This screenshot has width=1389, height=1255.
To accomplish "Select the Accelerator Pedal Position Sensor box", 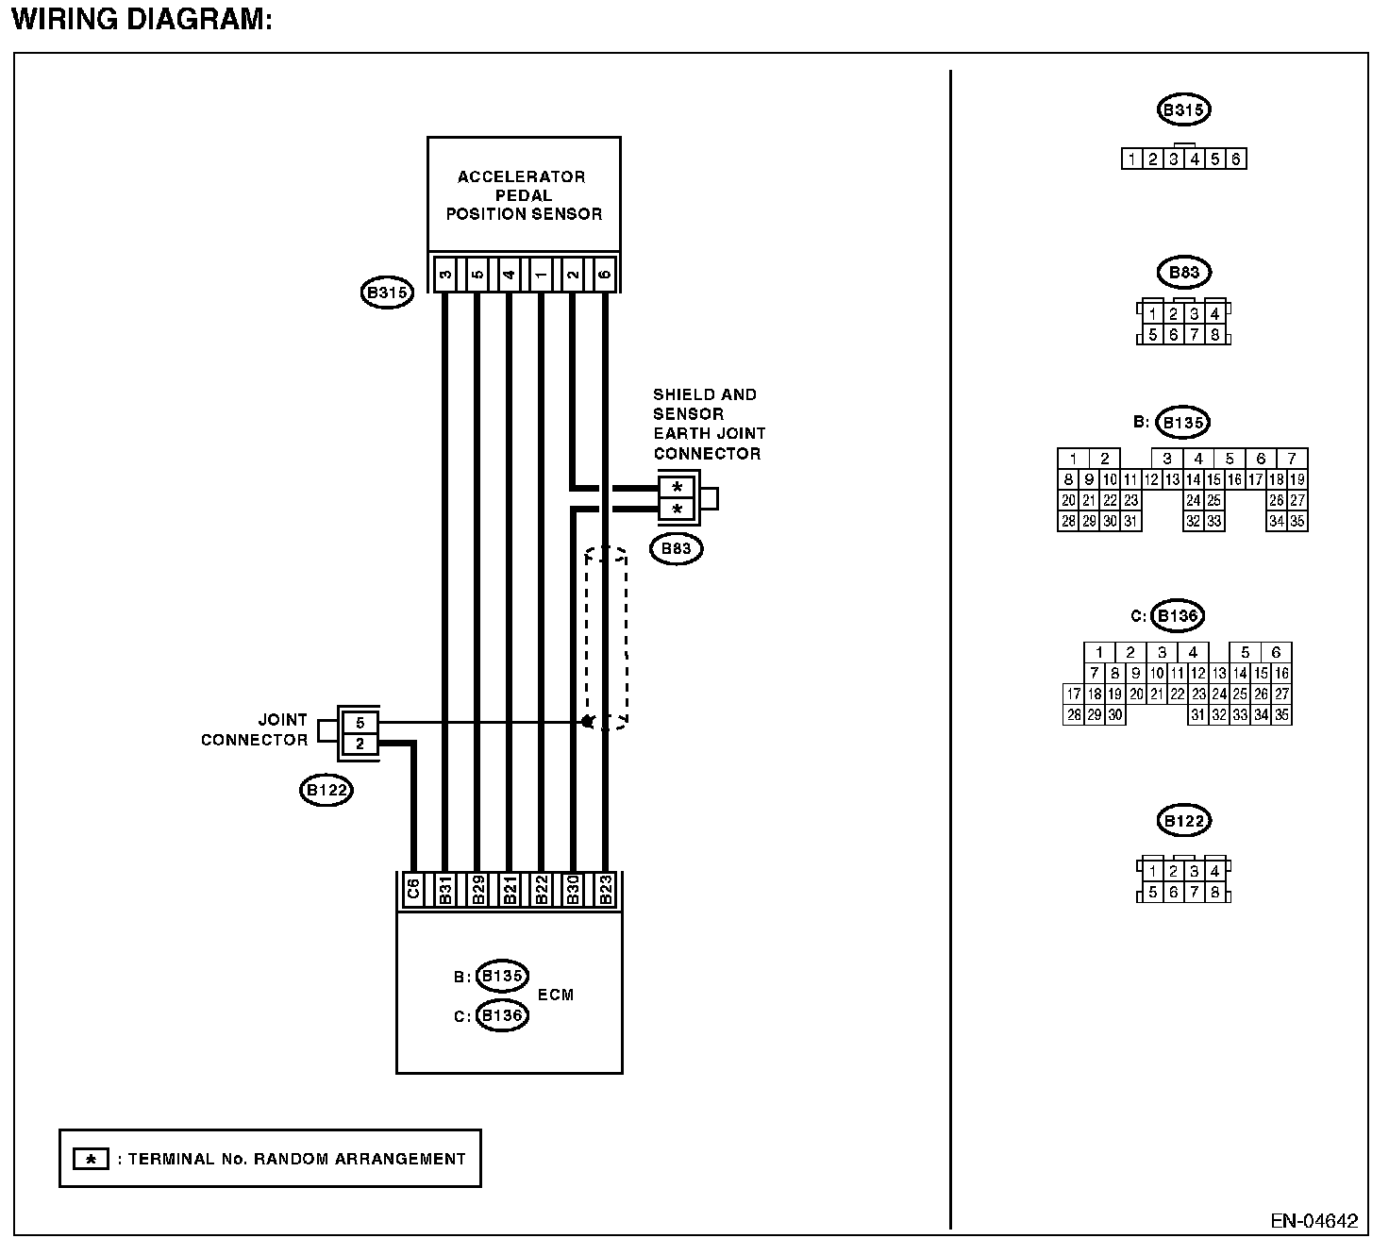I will tap(524, 195).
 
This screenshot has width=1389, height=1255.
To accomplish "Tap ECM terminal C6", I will tap(412, 891).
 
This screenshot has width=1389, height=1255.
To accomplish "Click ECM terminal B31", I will tap(444, 891).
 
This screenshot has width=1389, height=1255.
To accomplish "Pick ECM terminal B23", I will tap(606, 891).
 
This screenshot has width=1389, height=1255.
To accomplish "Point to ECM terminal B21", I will tap(509, 891).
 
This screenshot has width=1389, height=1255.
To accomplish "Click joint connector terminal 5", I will tap(360, 723).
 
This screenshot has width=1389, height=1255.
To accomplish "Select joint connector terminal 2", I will tap(360, 745).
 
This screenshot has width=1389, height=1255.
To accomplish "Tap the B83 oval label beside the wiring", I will tap(677, 548).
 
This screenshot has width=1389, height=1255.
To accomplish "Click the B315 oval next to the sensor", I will tap(387, 293).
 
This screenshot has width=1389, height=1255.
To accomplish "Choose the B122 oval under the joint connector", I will tap(326, 790).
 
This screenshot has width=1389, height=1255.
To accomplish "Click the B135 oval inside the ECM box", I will tap(502, 976).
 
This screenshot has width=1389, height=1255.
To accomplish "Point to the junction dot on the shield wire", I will tap(587, 722).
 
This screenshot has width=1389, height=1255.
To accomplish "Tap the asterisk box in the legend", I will tap(91, 1159).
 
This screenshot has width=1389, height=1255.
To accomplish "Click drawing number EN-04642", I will tap(1314, 1221).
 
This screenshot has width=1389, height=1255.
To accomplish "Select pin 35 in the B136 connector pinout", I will tap(1280, 715).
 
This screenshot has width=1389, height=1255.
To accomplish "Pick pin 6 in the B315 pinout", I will tap(1235, 159).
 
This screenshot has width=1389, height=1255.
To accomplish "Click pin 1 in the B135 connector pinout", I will tap(1073, 459).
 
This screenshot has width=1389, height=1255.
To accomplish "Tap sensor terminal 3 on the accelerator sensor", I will tap(444, 275).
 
